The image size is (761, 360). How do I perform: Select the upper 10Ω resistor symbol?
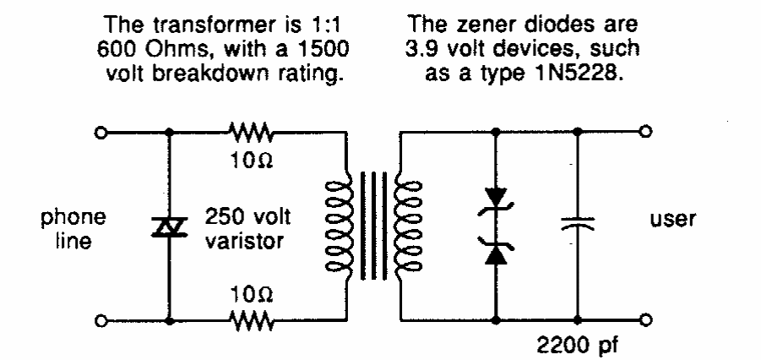tap(250, 131)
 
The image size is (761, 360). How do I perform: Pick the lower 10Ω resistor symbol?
tap(250, 321)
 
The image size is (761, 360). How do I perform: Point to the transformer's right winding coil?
tap(399, 226)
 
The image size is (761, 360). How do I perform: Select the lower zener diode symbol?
tap(496, 251)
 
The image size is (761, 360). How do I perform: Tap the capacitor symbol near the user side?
tap(577, 225)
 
